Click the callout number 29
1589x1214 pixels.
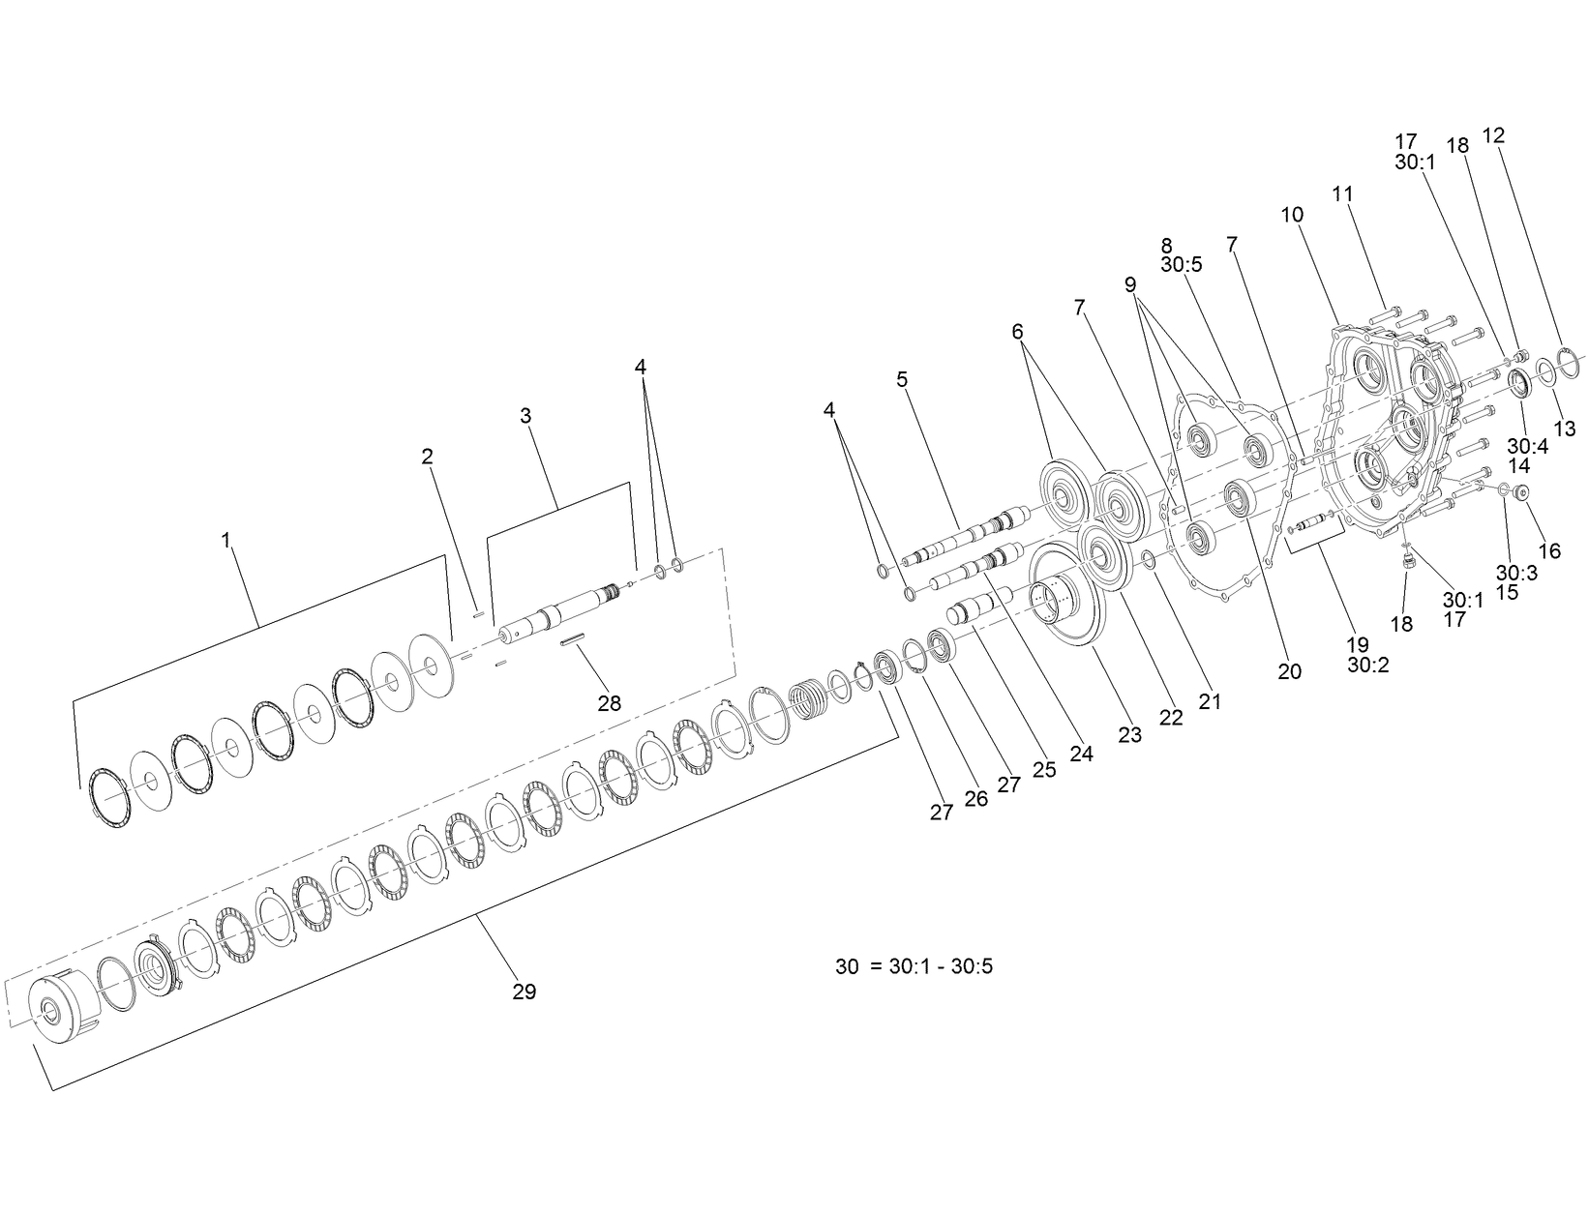click(x=524, y=992)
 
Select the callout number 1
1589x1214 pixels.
click(x=226, y=540)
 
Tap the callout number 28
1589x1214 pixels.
click(x=609, y=703)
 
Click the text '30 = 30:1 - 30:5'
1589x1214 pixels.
click(x=914, y=965)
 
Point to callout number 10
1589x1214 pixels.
click(x=1293, y=214)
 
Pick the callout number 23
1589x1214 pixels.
click(x=1129, y=735)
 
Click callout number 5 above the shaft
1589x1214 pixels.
click(x=902, y=378)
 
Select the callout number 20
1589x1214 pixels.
click(x=1290, y=670)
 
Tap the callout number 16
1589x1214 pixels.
click(x=1549, y=550)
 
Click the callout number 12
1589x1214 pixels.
click(x=1493, y=135)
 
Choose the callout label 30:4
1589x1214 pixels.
click(x=1527, y=446)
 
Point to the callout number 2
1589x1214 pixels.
click(x=427, y=457)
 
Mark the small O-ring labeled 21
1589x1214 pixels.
click(x=1148, y=558)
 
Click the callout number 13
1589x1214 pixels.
click(x=1565, y=429)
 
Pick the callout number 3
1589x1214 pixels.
click(x=525, y=415)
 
